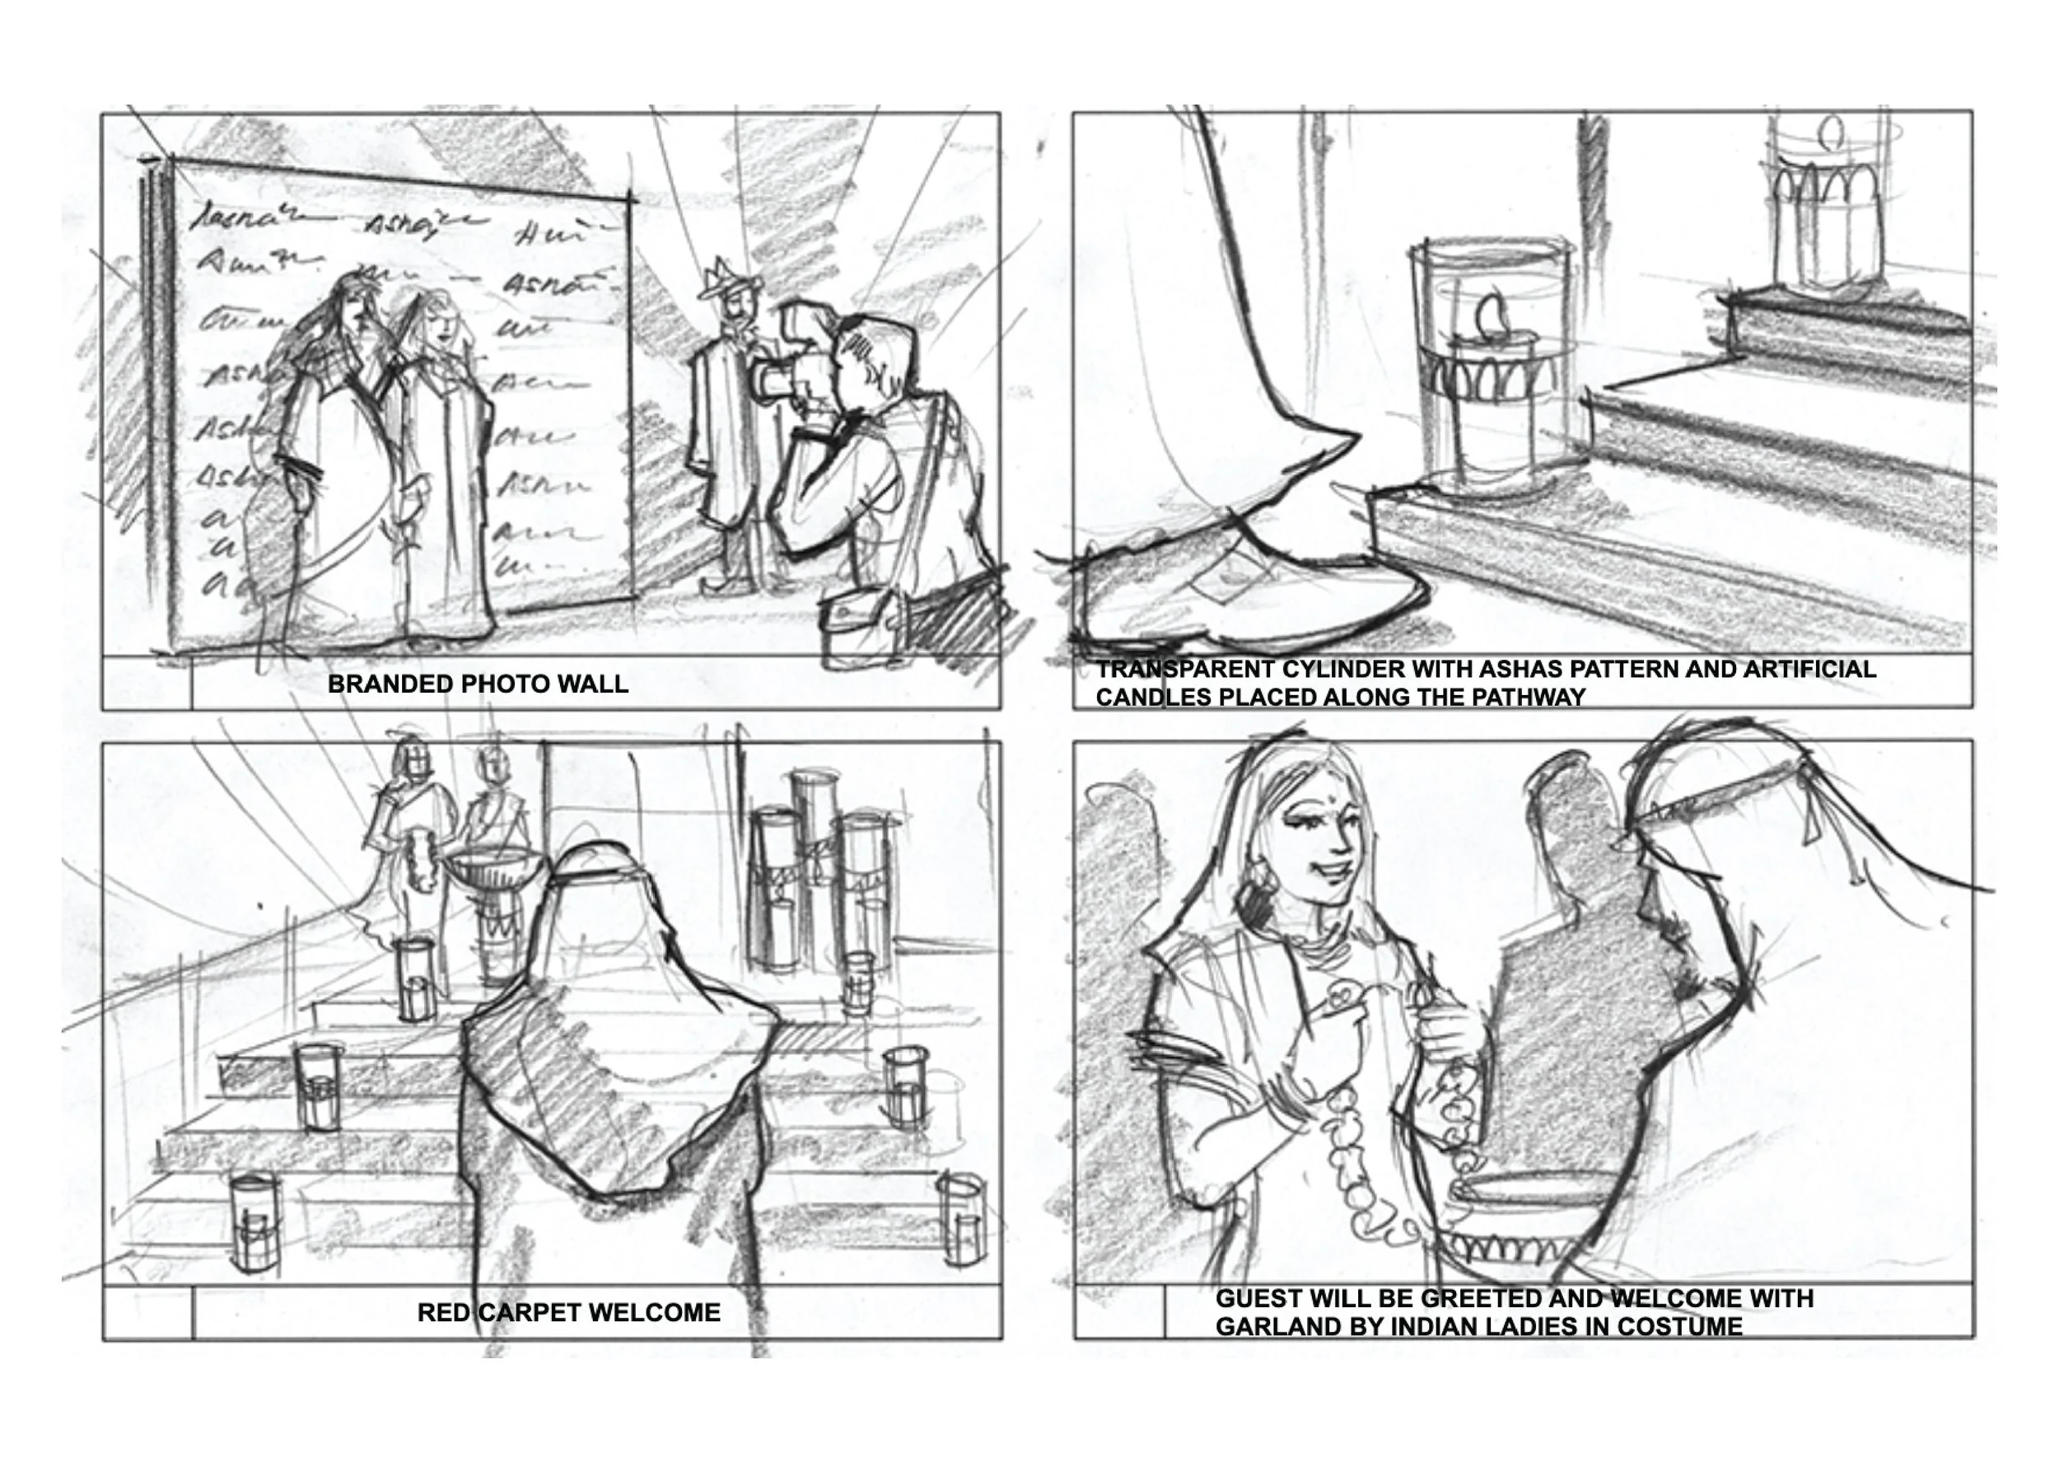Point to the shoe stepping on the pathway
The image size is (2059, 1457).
pyautogui.click(x=1247, y=592)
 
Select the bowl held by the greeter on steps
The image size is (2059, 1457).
pyautogui.click(x=494, y=866)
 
